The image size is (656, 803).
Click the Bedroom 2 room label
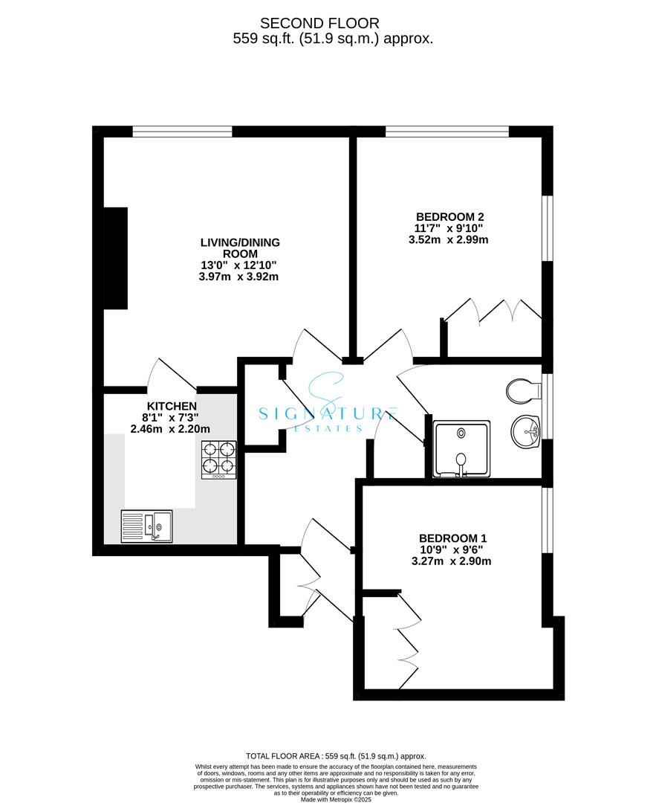[449, 217]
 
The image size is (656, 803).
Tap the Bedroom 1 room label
[453, 538]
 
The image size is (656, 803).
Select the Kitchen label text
[172, 406]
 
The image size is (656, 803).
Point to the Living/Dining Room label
[240, 248]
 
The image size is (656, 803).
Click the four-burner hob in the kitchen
[219, 460]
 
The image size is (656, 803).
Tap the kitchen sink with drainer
[147, 526]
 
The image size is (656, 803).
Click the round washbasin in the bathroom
[525, 432]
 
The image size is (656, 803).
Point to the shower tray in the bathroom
[461, 449]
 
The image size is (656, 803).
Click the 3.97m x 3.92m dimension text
[238, 277]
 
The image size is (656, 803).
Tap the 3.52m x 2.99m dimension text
[449, 239]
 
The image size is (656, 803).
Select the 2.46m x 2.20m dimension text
[170, 429]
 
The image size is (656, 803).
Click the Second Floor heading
[319, 24]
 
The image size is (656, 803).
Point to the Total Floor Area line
[336, 756]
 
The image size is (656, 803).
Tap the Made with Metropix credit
[336, 799]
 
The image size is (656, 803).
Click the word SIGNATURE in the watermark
[328, 413]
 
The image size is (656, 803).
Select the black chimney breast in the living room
[116, 258]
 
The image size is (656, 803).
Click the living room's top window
[182, 132]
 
